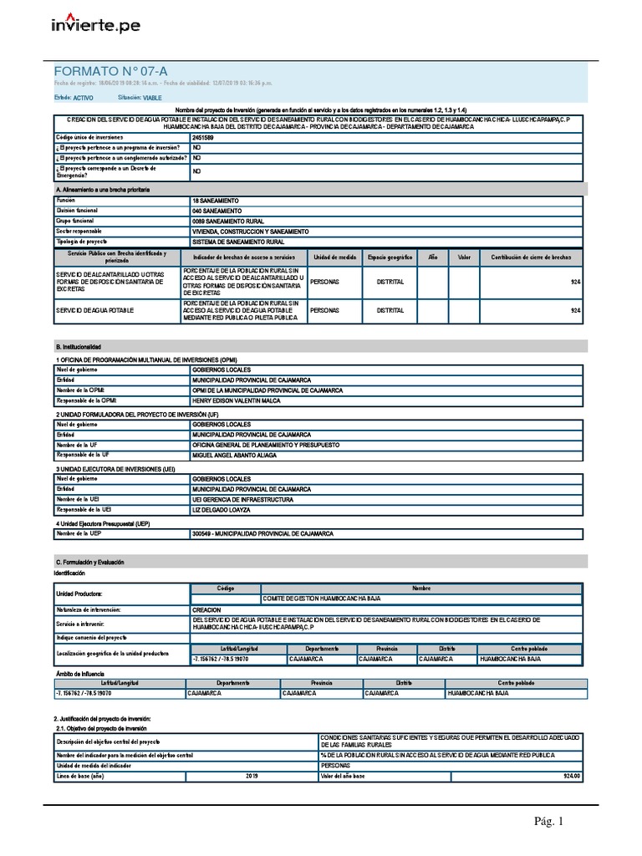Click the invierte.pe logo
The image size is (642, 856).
pos(95,25)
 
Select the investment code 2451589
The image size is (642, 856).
pos(203,135)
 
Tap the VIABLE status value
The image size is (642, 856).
pos(153,98)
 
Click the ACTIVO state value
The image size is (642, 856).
pos(84,98)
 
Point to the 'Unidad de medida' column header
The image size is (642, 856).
pos(334,257)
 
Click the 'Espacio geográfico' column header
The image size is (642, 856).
pos(390,257)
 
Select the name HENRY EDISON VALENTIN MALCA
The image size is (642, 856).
pos(238,400)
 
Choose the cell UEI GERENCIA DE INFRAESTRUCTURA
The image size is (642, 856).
pos(242,499)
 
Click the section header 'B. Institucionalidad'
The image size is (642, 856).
pos(78,346)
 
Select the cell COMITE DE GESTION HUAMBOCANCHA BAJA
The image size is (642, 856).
pos(321,599)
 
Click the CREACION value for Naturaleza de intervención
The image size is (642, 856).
pos(206,610)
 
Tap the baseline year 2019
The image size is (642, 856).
pos(252,776)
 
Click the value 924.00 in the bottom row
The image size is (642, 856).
pos(571,776)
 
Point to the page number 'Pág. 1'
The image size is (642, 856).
pos(549,822)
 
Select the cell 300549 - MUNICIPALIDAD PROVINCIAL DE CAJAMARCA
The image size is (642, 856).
pos(262,533)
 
